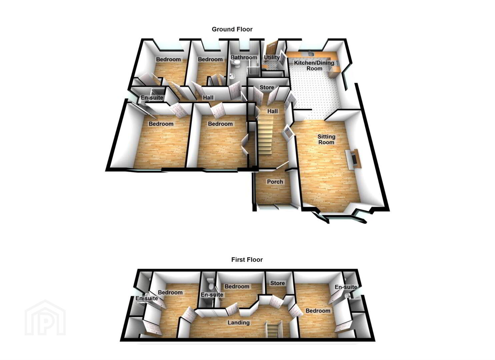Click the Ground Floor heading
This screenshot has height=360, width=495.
232,29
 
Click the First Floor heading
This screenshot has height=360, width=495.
247,259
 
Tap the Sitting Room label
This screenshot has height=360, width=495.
326,139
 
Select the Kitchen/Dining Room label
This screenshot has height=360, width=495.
314,66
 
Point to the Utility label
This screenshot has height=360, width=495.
272,57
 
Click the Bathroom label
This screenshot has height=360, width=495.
244,57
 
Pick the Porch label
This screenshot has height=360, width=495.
275,182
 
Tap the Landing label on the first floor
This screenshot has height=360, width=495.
238,323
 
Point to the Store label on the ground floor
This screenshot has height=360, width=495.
267,87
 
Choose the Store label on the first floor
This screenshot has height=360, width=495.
278,283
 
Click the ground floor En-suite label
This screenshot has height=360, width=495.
152,97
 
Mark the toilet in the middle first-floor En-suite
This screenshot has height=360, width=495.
210,285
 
